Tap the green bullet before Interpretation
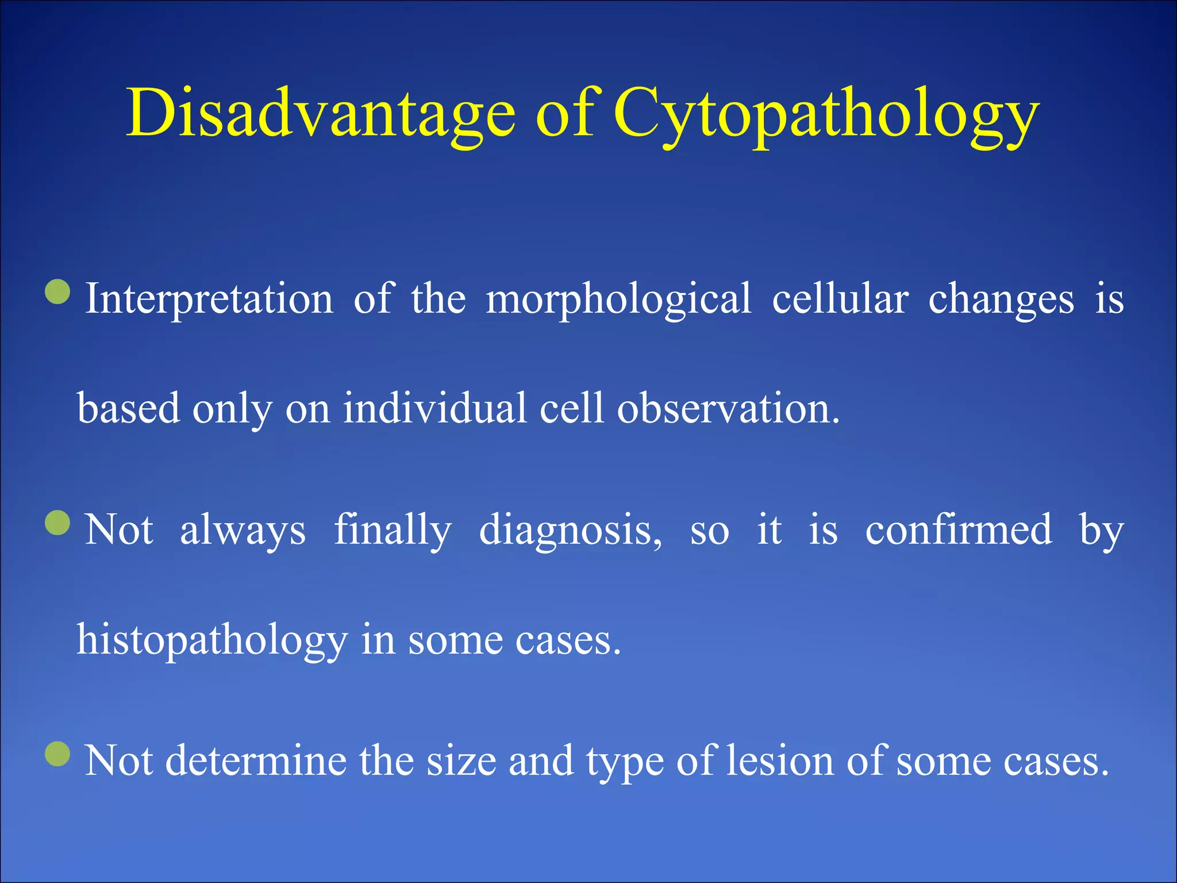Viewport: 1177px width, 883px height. click(57, 291)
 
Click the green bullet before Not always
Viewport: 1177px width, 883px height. click(57, 523)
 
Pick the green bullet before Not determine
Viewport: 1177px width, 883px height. click(57, 754)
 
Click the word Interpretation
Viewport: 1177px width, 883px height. click(209, 300)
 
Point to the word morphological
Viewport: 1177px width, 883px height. click(618, 300)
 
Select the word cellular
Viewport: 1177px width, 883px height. click(840, 300)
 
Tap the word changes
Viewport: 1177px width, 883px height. click(1001, 300)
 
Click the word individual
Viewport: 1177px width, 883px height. click(434, 409)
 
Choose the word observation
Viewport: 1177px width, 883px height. click(728, 409)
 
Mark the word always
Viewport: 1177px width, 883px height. click(243, 530)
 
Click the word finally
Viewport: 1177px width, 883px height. click(393, 530)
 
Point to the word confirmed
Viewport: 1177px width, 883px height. click(959, 530)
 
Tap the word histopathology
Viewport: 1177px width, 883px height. click(212, 640)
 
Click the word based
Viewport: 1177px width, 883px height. click(128, 409)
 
